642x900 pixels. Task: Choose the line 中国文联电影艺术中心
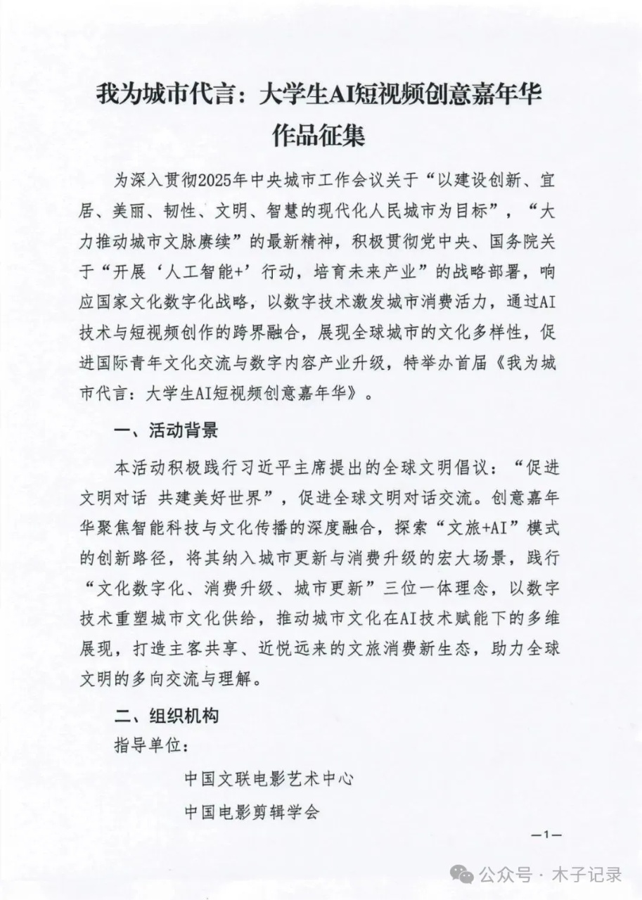(x=268, y=779)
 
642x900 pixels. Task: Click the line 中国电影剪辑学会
(x=252, y=812)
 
